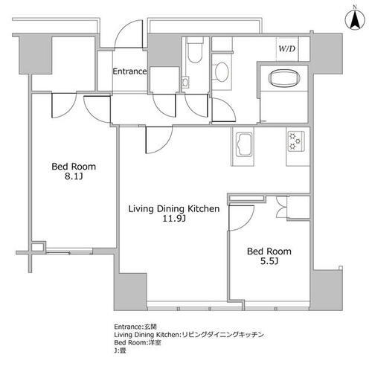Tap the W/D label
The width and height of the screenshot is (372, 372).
287,49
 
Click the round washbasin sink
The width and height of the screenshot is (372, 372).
222,72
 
